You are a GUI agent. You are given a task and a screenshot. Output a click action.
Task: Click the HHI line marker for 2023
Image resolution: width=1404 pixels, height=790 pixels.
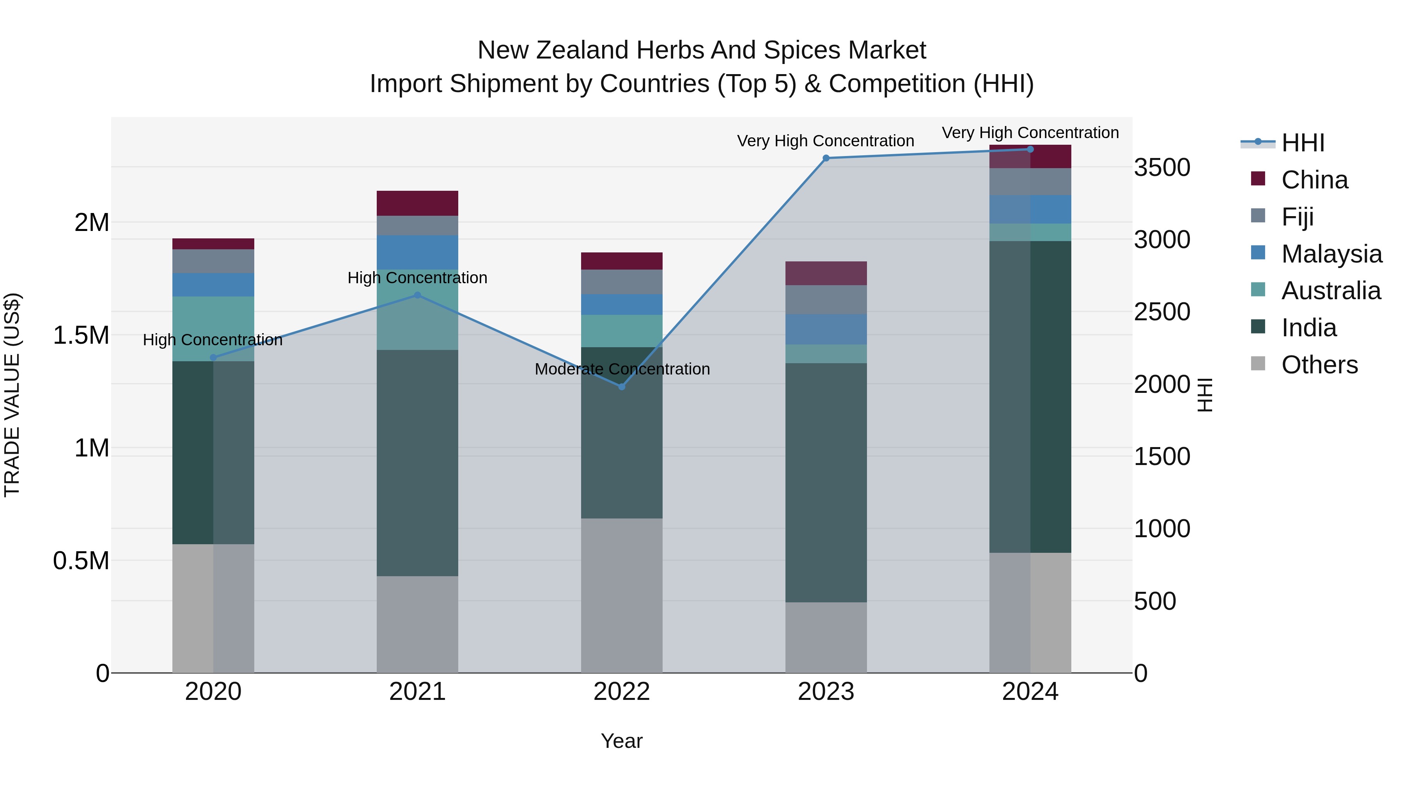[826, 158]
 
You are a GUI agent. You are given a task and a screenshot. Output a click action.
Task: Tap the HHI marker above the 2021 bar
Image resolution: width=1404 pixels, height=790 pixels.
[417, 295]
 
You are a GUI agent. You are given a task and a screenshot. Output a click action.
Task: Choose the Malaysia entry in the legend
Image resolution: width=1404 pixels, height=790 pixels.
[1331, 254]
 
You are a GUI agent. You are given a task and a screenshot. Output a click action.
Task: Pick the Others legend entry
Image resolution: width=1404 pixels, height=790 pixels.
[1319, 365]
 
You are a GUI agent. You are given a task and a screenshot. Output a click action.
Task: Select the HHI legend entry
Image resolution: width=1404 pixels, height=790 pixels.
[1302, 143]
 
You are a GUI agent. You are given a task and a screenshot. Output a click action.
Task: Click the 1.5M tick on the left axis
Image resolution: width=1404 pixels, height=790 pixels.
[81, 335]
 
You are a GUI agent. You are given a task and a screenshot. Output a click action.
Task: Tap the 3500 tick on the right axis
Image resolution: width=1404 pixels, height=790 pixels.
[1162, 167]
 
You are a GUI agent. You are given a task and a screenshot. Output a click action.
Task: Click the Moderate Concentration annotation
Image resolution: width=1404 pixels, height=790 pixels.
[622, 369]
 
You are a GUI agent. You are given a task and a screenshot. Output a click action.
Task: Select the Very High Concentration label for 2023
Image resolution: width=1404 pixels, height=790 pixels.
[825, 141]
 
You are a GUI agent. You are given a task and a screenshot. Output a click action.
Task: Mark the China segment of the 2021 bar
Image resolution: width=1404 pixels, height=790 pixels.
[417, 203]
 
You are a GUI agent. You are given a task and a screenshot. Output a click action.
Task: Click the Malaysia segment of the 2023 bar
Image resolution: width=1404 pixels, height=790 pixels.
[826, 329]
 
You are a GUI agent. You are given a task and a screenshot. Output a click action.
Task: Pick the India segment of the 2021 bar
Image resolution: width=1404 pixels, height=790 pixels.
[417, 463]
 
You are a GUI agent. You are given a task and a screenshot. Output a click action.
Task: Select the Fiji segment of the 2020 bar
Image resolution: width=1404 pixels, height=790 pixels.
[213, 261]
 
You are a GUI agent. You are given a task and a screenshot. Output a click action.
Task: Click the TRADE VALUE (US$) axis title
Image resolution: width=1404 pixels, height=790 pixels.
[12, 395]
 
